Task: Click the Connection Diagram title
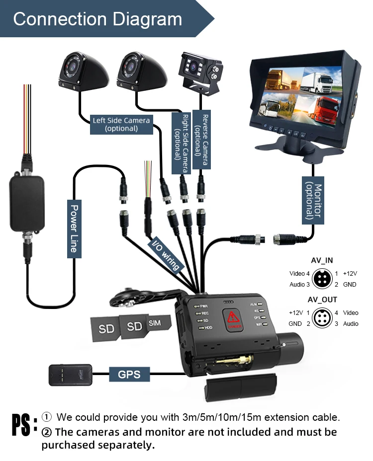tap(97, 19)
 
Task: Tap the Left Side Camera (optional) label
tap(121, 124)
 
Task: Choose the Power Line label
tap(75, 229)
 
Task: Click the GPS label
tap(129, 373)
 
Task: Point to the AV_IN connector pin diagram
tap(322, 279)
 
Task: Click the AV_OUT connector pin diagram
tap(322, 318)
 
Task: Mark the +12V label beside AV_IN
tap(350, 274)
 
